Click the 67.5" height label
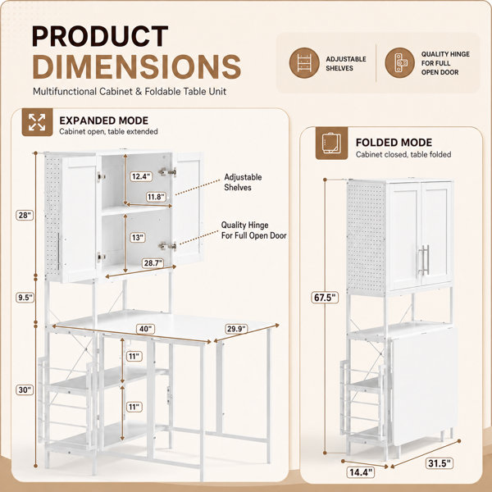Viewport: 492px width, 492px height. pyautogui.click(x=325, y=297)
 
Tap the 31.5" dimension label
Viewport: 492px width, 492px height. pyautogui.click(x=440, y=462)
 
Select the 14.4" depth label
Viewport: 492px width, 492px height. pyautogui.click(x=361, y=472)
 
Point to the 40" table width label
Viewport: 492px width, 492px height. pyautogui.click(x=145, y=329)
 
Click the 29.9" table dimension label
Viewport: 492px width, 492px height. pyautogui.click(x=236, y=329)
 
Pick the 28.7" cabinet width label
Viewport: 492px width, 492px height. pyautogui.click(x=153, y=263)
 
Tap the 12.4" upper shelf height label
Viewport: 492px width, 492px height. pyautogui.click(x=141, y=176)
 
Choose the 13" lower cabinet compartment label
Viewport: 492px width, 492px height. pyautogui.click(x=138, y=237)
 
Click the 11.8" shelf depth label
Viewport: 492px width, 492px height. pyautogui.click(x=156, y=197)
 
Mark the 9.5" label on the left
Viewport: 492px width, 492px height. pyautogui.click(x=25, y=297)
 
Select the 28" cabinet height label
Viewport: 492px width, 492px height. pyautogui.click(x=25, y=215)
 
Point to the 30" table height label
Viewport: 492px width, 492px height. pyautogui.click(x=25, y=389)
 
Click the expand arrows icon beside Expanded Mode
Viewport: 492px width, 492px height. pyautogui.click(x=37, y=122)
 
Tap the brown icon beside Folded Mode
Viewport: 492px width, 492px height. pyautogui.click(x=331, y=143)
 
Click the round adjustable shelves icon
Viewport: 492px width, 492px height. pyautogui.click(x=304, y=63)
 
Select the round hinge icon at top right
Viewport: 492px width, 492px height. pyautogui.click(x=400, y=63)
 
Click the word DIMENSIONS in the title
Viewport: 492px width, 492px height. pyautogui.click(x=136, y=67)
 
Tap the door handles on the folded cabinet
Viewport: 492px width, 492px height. pyautogui.click(x=423, y=260)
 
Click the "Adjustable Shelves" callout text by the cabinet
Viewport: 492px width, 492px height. pyautogui.click(x=243, y=182)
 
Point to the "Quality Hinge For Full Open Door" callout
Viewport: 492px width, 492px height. pyautogui.click(x=253, y=230)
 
